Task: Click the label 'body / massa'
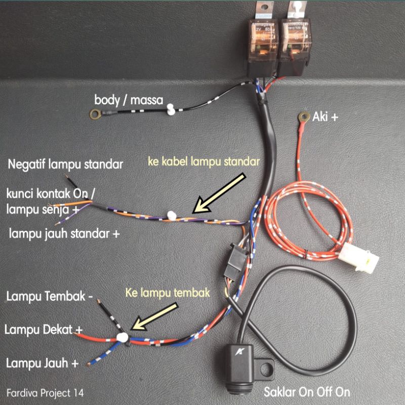(x=128, y=100)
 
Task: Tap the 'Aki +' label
(x=326, y=117)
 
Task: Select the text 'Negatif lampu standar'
(x=66, y=164)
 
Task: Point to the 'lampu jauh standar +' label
(x=65, y=233)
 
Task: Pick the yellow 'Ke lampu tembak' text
(x=167, y=293)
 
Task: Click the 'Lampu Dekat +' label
(x=44, y=330)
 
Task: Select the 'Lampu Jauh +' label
(x=43, y=363)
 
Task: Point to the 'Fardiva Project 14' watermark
(x=46, y=392)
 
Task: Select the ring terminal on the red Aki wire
(x=304, y=118)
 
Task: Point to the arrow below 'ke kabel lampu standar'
(x=220, y=192)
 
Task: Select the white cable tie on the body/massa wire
(x=171, y=108)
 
